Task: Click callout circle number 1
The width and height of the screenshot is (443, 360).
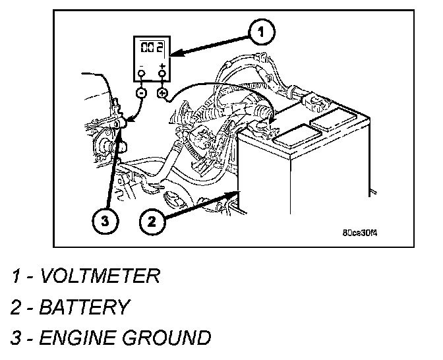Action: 261,30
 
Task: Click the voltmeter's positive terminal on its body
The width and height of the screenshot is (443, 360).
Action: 161,74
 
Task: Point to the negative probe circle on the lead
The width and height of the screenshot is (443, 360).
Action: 140,94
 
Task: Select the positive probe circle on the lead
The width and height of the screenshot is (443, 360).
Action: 162,94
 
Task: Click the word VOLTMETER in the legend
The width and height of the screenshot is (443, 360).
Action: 100,275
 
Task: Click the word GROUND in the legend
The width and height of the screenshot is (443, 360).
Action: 167,338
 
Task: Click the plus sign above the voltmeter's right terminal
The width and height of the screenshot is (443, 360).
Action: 161,65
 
